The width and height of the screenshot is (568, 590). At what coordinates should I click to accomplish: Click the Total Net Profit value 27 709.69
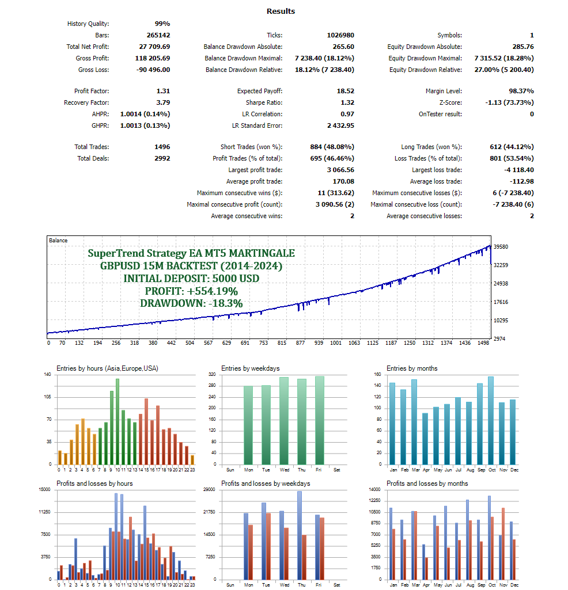pos(150,47)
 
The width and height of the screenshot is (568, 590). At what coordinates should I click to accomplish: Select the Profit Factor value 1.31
pos(163,91)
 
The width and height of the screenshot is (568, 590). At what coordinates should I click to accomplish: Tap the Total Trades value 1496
pos(161,147)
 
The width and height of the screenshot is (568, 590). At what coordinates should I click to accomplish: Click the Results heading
pos(281,11)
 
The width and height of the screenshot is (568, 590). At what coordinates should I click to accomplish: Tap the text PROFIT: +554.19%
pos(191,291)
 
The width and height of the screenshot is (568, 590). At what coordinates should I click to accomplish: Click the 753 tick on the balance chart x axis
pos(263,343)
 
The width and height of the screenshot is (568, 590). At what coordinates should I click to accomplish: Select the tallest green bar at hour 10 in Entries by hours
pos(117,421)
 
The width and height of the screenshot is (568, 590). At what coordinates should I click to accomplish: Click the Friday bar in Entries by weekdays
pos(319,420)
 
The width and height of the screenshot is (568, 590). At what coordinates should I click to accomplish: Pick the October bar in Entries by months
pos(490,420)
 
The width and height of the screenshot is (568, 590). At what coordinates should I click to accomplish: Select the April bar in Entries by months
pos(425,438)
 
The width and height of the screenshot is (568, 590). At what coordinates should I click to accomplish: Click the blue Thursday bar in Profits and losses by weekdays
pos(300,535)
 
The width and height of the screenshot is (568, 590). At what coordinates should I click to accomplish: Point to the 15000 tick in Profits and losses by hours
pos(44,490)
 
